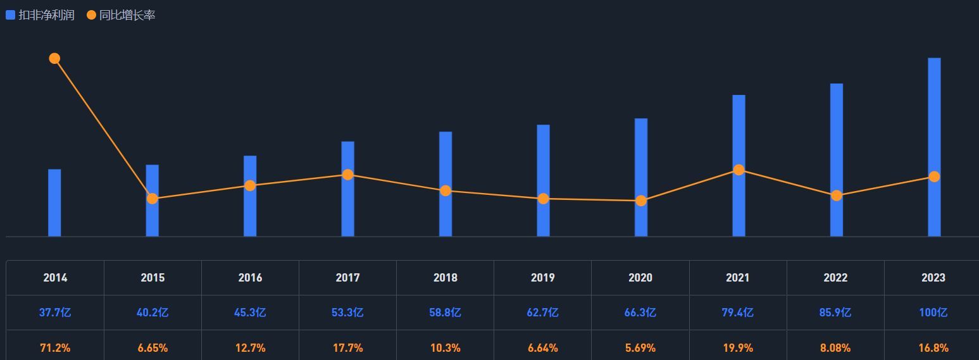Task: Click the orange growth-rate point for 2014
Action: click(54, 59)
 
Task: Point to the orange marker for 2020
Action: click(641, 201)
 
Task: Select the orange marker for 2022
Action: click(837, 196)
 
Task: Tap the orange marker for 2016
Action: click(250, 185)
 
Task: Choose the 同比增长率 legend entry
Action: click(122, 15)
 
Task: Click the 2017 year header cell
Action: click(347, 278)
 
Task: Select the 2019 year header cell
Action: click(543, 278)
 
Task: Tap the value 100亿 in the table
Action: click(933, 313)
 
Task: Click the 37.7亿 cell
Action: click(55, 313)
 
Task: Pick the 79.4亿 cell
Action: click(738, 313)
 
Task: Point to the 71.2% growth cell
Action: click(55, 348)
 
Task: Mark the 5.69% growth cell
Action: click(640, 348)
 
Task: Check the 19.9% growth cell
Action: click(738, 348)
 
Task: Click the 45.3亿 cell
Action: click(250, 313)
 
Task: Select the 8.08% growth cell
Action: click(835, 348)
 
